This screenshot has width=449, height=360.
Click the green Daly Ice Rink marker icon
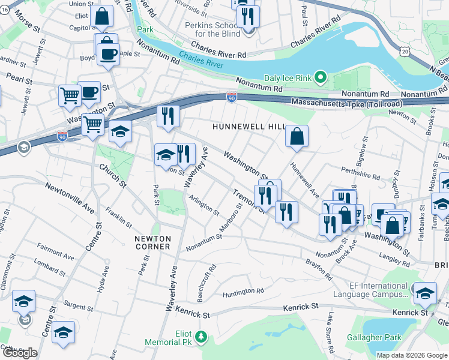click(321, 77)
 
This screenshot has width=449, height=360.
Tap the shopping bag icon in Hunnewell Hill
click(297, 136)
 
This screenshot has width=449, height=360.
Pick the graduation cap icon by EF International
click(425, 293)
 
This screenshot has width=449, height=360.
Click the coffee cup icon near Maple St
click(108, 54)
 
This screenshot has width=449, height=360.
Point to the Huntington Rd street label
click(243, 292)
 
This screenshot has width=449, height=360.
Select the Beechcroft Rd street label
click(206, 284)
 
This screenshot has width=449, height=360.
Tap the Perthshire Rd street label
click(360, 173)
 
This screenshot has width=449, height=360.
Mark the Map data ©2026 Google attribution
click(411, 355)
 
